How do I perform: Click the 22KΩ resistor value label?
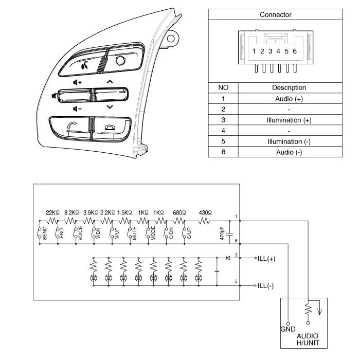[x=53, y=212]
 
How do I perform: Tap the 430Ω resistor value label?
[x=205, y=212]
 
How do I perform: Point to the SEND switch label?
[x=45, y=233]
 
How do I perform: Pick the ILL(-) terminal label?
[x=266, y=285]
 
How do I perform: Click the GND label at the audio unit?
[x=287, y=328]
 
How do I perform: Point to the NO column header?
[x=223, y=87]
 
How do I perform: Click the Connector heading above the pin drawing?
[x=276, y=15]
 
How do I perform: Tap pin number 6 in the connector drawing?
[x=295, y=51]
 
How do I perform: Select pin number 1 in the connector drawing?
[x=254, y=51]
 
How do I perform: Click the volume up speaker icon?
[x=77, y=82]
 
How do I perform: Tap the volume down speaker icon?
[x=77, y=109]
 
